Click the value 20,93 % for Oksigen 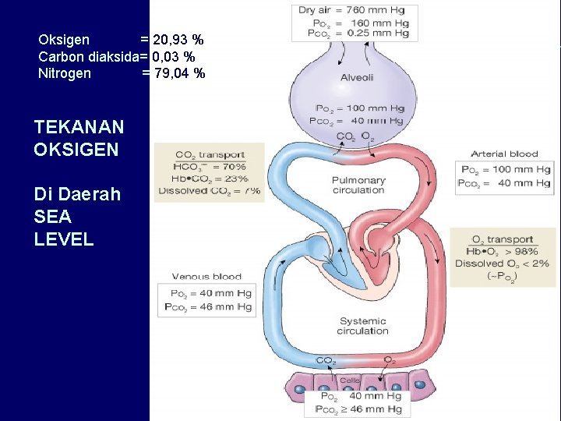178,40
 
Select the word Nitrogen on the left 65,74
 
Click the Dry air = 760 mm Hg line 353,11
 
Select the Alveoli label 356,77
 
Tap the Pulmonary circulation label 358,185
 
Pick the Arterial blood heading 504,154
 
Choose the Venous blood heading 206,276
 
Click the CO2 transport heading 210,154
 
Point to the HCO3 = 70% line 211,166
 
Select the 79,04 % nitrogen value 179,74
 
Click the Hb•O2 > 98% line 502,251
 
